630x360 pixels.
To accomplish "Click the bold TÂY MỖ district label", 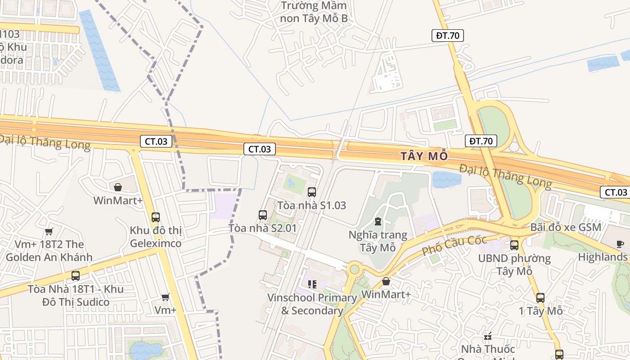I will pyautogui.click(x=424, y=156).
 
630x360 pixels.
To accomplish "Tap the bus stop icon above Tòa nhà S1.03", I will pyautogui.click(x=311, y=192).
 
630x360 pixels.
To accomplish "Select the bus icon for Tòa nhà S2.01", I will pyautogui.click(x=263, y=215).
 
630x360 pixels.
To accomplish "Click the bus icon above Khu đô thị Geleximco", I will pyautogui.click(x=156, y=217).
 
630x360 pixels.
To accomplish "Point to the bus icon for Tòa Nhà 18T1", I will pyautogui.click(x=76, y=276).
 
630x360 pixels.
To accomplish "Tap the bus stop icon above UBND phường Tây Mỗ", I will pyautogui.click(x=514, y=245).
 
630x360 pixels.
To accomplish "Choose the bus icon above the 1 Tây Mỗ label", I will pyautogui.click(x=540, y=297).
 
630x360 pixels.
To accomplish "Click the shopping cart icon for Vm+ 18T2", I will pyautogui.click(x=49, y=231).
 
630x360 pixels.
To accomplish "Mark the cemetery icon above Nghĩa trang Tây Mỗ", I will pyautogui.click(x=378, y=221).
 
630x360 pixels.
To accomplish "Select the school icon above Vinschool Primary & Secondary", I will pyautogui.click(x=312, y=284).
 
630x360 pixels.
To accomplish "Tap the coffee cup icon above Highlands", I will pyautogui.click(x=620, y=244).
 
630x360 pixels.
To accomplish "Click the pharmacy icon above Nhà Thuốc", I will pyautogui.click(x=488, y=336).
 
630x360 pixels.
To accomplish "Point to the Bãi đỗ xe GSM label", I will pyautogui.click(x=566, y=227).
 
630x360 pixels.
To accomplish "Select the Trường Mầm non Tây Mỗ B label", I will pyautogui.click(x=314, y=12).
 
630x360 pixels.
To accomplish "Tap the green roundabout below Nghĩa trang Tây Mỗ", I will pyautogui.click(x=355, y=269).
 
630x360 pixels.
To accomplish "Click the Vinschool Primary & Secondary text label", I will pyautogui.click(x=312, y=304).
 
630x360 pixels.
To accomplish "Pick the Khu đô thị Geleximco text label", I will pyautogui.click(x=156, y=237).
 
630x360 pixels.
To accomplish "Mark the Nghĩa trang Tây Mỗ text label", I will pyautogui.click(x=378, y=241).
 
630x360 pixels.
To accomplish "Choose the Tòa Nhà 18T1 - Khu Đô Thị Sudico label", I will pyautogui.click(x=76, y=295).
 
